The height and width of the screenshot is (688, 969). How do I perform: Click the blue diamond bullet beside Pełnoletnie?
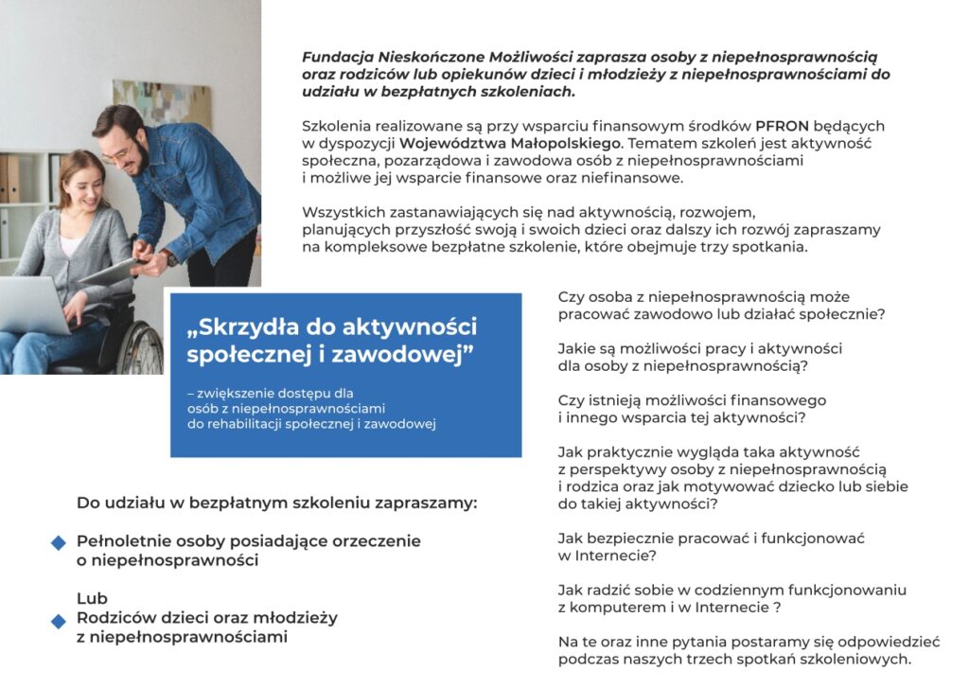[59, 542]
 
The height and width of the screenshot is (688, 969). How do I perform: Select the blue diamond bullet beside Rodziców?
[59, 620]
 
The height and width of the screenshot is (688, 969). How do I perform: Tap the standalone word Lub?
[92, 598]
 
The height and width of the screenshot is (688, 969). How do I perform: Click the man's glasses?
[118, 152]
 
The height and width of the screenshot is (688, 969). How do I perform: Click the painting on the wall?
[161, 104]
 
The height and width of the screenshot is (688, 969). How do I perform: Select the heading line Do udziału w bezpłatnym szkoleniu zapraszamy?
[276, 503]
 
